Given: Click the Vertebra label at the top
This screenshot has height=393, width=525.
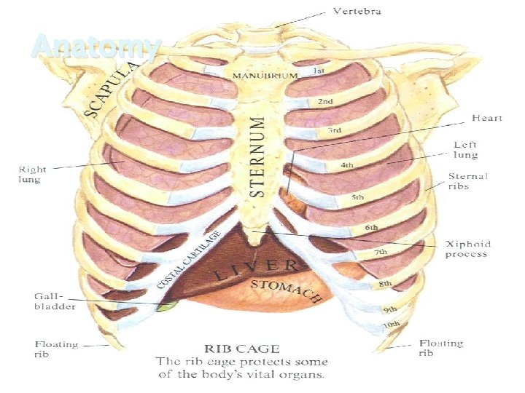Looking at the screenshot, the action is click(357, 12).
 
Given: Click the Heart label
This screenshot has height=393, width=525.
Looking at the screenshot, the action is click(487, 118).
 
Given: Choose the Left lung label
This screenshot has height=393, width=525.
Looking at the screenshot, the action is click(466, 150).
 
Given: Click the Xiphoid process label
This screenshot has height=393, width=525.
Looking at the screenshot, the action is click(467, 249).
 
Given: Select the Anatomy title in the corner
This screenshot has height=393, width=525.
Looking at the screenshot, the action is click(96, 48).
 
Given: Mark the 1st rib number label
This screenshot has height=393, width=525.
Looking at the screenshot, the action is click(319, 71).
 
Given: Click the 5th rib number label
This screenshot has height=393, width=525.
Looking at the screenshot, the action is click(358, 197).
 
